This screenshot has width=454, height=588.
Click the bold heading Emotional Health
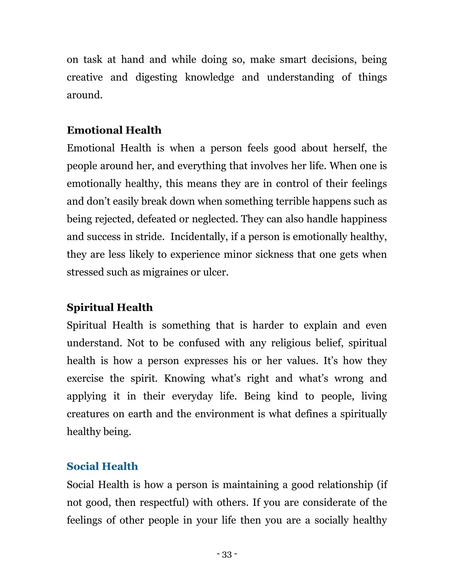click(x=114, y=130)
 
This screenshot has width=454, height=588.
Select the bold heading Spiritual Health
click(x=110, y=308)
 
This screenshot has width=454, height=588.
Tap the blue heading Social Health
click(x=102, y=466)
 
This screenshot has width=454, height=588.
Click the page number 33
click(x=227, y=555)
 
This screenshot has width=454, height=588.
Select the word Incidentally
click(x=198, y=237)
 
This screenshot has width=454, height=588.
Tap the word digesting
click(x=156, y=78)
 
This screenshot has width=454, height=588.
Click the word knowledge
click(x=209, y=78)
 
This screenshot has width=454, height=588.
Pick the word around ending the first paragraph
click(x=84, y=95)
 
